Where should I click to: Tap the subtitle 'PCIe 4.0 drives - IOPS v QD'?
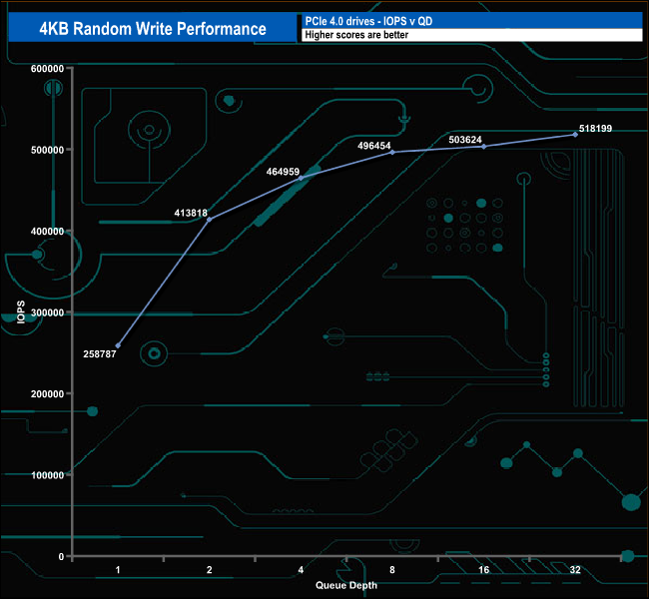[x=369, y=20]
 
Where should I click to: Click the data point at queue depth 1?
[x=118, y=345]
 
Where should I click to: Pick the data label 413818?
[x=190, y=213]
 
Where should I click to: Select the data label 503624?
[x=467, y=139]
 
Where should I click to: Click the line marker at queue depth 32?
[x=575, y=134]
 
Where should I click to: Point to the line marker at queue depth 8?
[x=392, y=152]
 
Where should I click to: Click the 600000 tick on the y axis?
[x=48, y=68]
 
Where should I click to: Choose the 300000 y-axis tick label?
[x=48, y=312]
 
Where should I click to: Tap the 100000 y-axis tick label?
[x=48, y=475]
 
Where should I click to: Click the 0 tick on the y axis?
[x=61, y=556]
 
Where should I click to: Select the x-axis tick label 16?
[x=483, y=570]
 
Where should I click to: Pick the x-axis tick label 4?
[x=301, y=570]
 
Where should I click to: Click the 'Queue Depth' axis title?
[x=346, y=585]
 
